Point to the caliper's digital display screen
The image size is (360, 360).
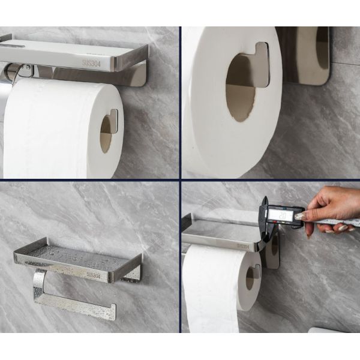282,213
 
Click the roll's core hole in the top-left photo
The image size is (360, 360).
106,133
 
